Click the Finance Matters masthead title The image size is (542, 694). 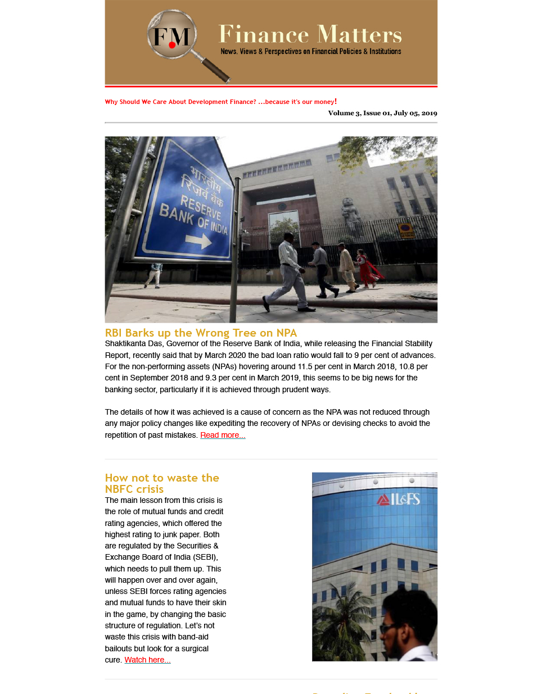pos(310,34)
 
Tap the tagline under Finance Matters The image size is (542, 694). pos(310,52)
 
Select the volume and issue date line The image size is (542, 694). pos(382,113)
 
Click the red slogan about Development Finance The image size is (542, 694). pos(220,102)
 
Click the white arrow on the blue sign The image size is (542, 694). pos(198,241)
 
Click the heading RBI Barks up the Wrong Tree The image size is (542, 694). pos(201,333)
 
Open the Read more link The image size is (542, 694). pos(223,435)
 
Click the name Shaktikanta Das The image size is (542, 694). pos(132,343)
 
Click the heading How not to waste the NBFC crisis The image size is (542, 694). pos(162,483)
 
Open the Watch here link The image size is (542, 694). pos(147,660)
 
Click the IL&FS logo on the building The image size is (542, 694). pos(399,499)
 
